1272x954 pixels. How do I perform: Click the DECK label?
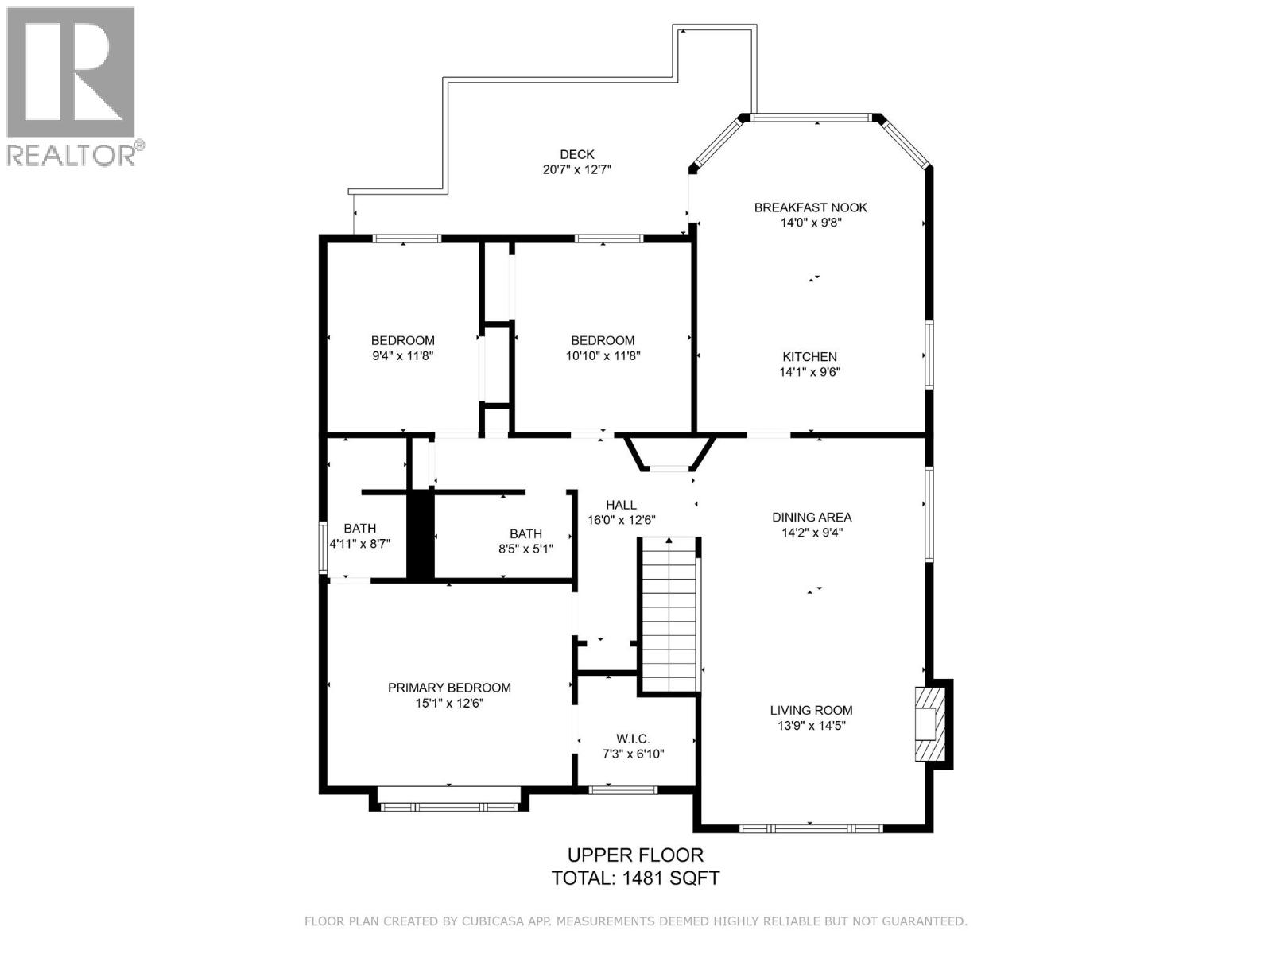click(576, 154)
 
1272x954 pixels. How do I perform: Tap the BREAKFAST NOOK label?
click(810, 207)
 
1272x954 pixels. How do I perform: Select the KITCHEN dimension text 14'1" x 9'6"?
click(810, 372)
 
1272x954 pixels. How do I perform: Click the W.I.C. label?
click(633, 739)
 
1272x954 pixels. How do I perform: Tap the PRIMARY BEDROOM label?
click(449, 688)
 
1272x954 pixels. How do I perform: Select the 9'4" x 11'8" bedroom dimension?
click(403, 356)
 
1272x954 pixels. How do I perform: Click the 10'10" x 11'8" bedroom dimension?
click(603, 356)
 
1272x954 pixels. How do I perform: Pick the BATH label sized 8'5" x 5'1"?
click(525, 534)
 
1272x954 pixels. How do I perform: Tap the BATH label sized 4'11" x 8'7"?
click(359, 528)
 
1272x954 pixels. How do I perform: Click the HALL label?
click(621, 505)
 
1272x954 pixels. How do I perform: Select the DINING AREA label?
click(812, 518)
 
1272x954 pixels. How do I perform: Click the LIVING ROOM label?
click(811, 711)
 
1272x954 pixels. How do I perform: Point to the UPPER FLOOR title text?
click(634, 855)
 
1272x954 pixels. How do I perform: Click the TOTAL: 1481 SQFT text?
click(635, 878)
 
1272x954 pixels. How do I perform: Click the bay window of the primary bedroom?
click(448, 806)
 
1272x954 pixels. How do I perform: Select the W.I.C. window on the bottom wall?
click(622, 789)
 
